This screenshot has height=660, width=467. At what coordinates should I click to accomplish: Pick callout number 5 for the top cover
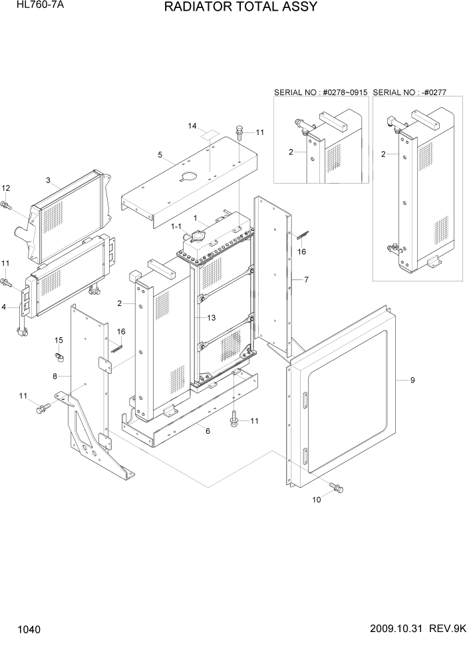point(160,155)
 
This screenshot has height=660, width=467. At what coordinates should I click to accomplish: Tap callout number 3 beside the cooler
point(48,180)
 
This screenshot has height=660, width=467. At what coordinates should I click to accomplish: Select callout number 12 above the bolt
point(6,188)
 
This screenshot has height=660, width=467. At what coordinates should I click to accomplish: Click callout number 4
point(6,307)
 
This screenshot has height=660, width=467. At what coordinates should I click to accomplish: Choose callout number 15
point(59,341)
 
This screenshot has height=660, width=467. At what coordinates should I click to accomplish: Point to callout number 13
point(211,318)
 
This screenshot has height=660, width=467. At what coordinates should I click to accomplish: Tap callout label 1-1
point(176,228)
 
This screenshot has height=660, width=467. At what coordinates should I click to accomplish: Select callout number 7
point(306,280)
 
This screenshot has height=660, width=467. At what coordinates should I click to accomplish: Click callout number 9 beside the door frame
point(412,380)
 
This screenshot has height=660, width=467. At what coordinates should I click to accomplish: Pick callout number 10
point(317,500)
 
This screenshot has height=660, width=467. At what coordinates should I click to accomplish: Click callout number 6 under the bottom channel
point(208,431)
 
